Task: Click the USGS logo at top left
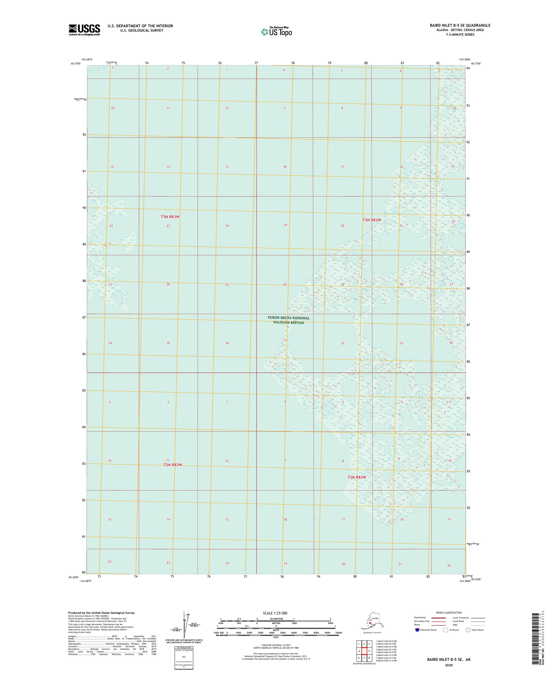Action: click(84, 30)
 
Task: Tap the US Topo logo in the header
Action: click(277, 31)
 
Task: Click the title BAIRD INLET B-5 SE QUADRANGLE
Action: click(460, 25)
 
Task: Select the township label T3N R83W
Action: click(170, 217)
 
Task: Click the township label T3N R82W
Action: click(372, 220)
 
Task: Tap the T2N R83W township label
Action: click(173, 465)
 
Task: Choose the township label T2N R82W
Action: click(357, 477)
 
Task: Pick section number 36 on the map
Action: click(227, 343)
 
